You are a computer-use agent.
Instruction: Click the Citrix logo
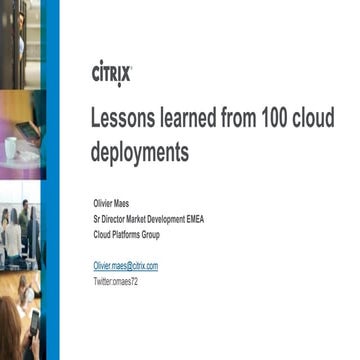111,74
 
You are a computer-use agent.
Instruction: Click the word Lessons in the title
127,118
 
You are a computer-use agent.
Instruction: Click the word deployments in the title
140,152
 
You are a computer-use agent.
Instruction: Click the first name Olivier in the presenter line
104,201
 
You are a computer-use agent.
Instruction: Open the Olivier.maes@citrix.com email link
125,266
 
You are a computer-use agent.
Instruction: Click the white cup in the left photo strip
10,148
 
